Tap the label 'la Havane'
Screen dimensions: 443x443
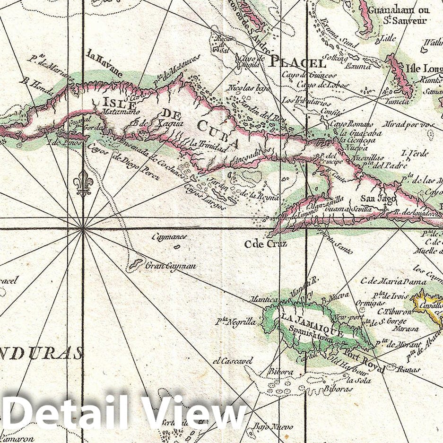104,63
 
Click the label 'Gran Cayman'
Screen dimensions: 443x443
171,266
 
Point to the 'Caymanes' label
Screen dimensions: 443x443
169,237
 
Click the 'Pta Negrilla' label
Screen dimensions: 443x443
235,322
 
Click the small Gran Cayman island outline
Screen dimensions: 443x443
137,263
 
